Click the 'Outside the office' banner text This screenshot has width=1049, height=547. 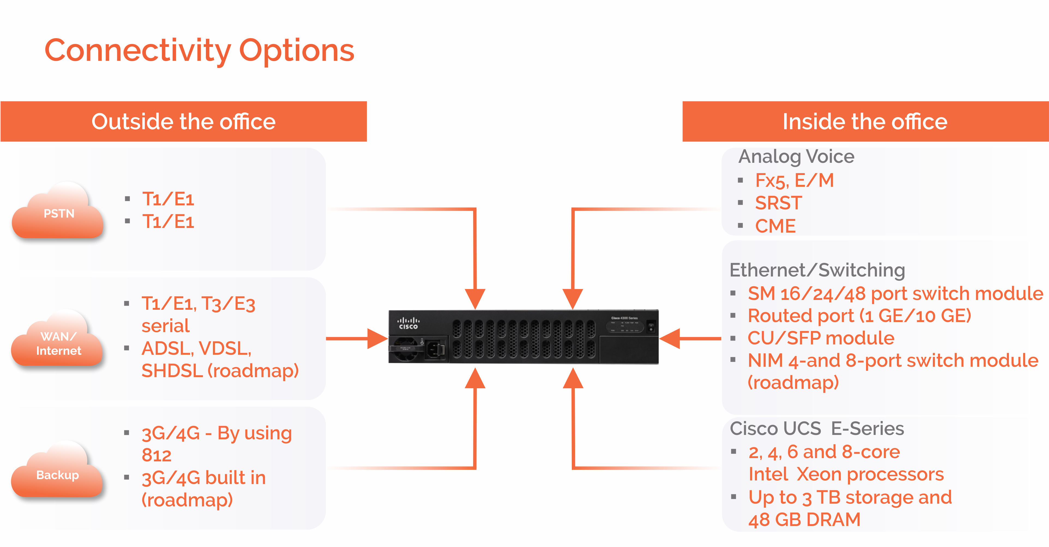183,121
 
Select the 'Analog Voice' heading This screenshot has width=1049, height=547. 796,157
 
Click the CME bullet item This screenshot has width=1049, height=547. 775,226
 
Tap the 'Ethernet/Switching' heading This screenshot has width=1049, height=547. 817,270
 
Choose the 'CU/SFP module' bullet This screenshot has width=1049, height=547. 820,338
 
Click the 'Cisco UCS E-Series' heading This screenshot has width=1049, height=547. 816,428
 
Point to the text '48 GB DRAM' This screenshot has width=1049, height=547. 804,520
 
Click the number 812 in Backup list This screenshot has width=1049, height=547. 156,455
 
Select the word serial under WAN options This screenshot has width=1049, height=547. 165,326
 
